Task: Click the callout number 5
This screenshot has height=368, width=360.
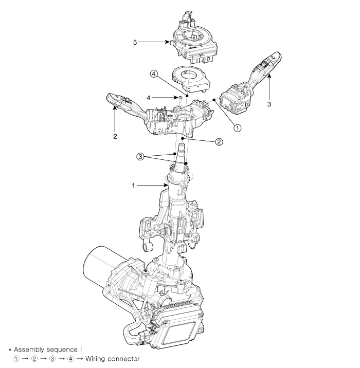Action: (x=135, y=42)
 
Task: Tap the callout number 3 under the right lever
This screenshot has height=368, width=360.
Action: (x=268, y=103)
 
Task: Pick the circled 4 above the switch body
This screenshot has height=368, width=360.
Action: (x=153, y=74)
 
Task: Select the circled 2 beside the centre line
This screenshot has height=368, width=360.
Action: (x=219, y=142)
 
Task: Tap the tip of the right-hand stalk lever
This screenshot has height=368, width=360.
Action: (x=276, y=57)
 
